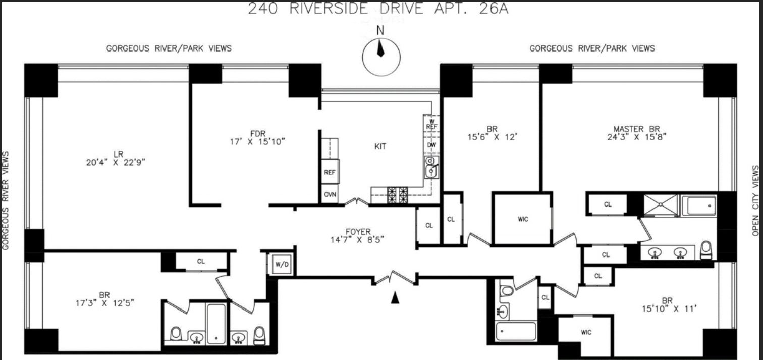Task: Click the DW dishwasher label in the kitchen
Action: (x=431, y=145)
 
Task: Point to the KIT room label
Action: (x=380, y=146)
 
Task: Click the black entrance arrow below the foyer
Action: (x=395, y=299)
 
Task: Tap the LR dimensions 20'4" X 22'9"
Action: (x=119, y=162)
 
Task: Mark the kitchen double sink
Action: (x=430, y=167)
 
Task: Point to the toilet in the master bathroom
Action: (x=706, y=249)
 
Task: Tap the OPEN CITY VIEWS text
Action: (x=755, y=200)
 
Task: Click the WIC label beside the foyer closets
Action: (x=523, y=219)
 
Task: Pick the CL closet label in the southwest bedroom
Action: (x=201, y=262)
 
